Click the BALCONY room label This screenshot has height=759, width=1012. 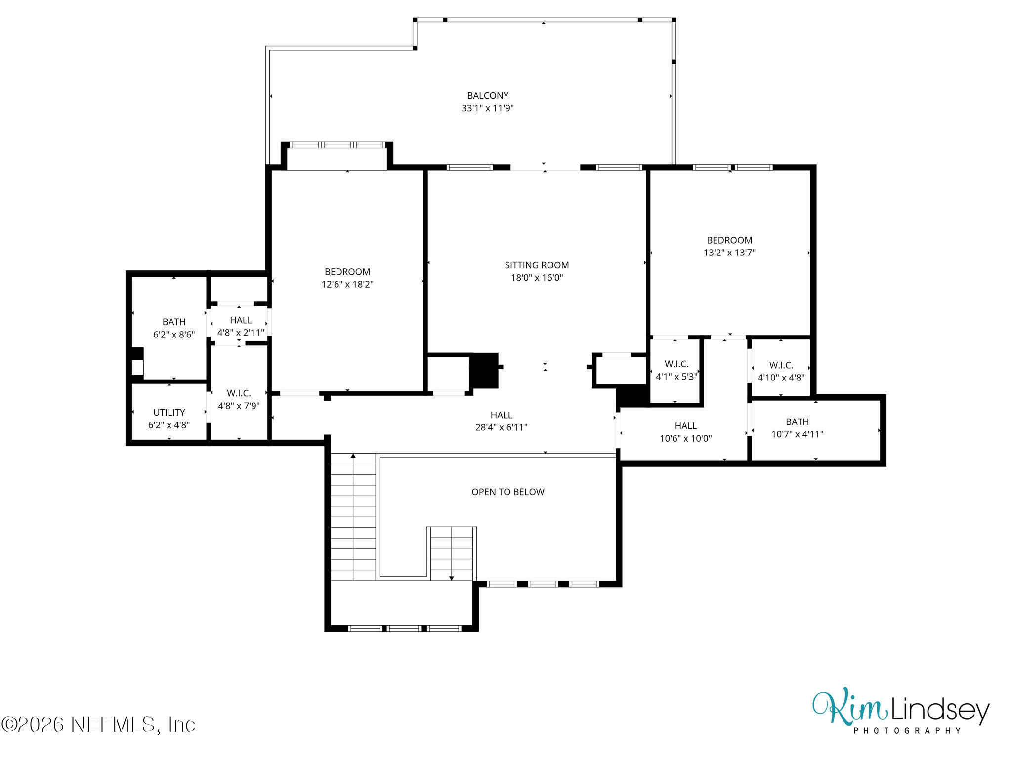point(488,96)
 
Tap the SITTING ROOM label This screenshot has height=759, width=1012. point(537,265)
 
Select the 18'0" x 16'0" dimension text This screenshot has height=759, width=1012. point(537,278)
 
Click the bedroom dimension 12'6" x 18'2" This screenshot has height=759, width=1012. point(347,284)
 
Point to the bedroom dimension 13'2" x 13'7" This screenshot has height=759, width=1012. point(729,253)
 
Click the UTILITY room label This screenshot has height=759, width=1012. point(169,413)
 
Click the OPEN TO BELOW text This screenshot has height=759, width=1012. point(507,492)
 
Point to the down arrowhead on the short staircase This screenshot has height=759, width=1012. point(451,578)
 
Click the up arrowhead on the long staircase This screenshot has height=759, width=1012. point(353,456)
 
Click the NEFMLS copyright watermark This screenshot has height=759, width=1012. point(98,724)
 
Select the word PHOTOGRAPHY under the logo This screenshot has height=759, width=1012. point(907,731)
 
